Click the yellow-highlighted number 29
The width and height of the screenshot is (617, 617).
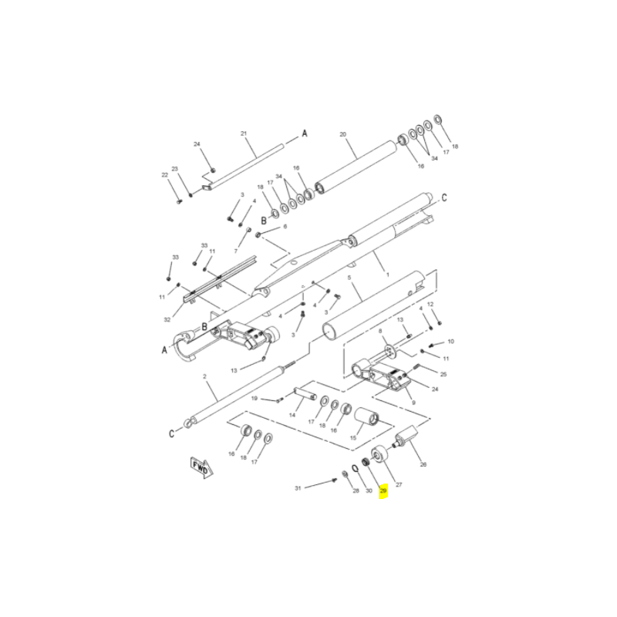[x=383, y=491]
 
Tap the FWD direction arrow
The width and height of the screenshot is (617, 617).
[x=201, y=467]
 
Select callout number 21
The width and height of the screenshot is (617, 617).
[x=244, y=133]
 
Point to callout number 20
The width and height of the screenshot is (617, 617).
[x=342, y=134]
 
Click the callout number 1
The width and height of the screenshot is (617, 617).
[x=388, y=275]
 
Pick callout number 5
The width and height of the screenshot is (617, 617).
[x=349, y=278]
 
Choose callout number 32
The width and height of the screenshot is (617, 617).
[x=167, y=320]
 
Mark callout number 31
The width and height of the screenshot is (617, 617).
[x=298, y=488]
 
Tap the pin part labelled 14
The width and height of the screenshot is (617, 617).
[x=305, y=394]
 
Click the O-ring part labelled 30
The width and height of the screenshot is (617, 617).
[x=354, y=467]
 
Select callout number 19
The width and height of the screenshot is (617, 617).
[x=255, y=399]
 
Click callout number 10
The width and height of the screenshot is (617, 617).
[x=451, y=342]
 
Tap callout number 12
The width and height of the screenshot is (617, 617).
[x=430, y=304]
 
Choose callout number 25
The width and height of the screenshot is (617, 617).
[x=443, y=374]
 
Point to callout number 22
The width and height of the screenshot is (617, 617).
[x=165, y=175]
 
